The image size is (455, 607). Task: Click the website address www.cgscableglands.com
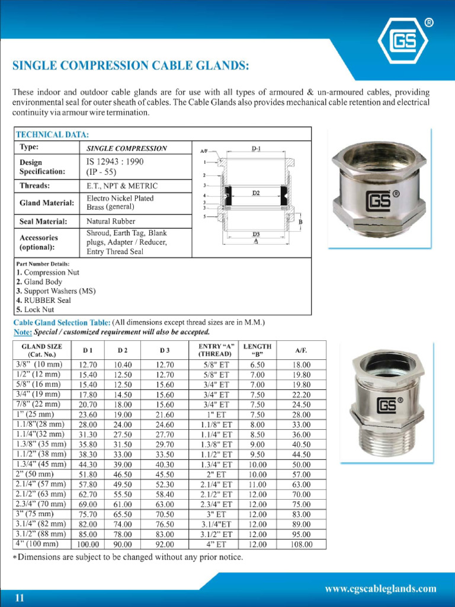click(x=381, y=589)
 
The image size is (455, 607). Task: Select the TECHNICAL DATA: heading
click(x=52, y=135)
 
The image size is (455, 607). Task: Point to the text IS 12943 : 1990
click(x=115, y=161)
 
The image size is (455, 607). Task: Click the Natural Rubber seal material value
click(x=111, y=221)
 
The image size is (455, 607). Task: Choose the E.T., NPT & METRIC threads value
click(x=122, y=186)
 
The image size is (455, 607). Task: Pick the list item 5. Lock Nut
click(x=35, y=309)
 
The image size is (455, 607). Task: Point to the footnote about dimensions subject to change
click(x=127, y=557)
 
